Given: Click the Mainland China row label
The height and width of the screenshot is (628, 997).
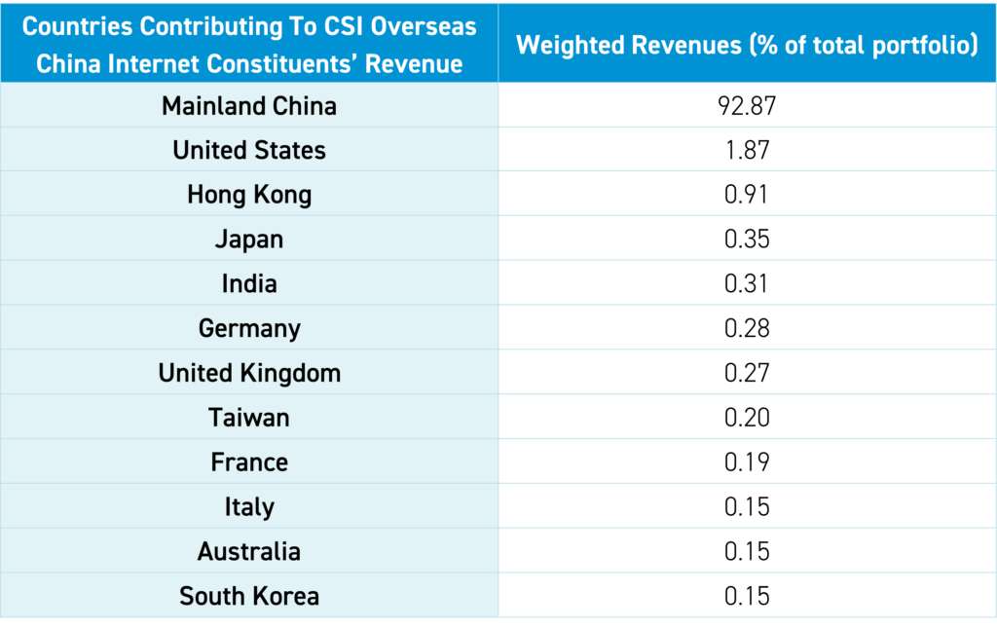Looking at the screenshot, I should [x=249, y=106].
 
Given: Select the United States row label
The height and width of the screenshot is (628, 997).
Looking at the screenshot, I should [x=249, y=151].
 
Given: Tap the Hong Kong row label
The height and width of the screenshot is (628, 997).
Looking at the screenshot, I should [x=249, y=195].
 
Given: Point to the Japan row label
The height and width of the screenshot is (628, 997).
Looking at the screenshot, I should [x=249, y=240].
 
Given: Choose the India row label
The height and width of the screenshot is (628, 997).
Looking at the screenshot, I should [x=249, y=284].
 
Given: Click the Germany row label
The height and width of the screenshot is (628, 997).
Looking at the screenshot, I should [x=249, y=329].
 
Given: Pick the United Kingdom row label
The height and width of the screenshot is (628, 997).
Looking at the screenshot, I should [x=249, y=373].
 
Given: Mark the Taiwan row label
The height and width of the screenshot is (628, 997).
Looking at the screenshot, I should [x=249, y=418].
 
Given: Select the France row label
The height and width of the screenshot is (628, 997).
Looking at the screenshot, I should [x=249, y=462].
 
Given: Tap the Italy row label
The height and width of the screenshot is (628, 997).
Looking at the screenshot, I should [x=249, y=507].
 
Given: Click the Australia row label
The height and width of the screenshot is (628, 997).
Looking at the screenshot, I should [x=249, y=552].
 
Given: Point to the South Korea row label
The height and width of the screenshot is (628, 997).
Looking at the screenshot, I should [x=249, y=596].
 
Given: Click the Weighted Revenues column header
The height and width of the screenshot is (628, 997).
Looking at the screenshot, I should [x=747, y=45].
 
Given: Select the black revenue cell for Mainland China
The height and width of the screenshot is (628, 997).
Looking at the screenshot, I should [x=747, y=105].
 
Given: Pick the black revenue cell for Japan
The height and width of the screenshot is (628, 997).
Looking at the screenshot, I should [x=747, y=240].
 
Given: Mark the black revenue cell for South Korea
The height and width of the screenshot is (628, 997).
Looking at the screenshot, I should [x=747, y=595].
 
